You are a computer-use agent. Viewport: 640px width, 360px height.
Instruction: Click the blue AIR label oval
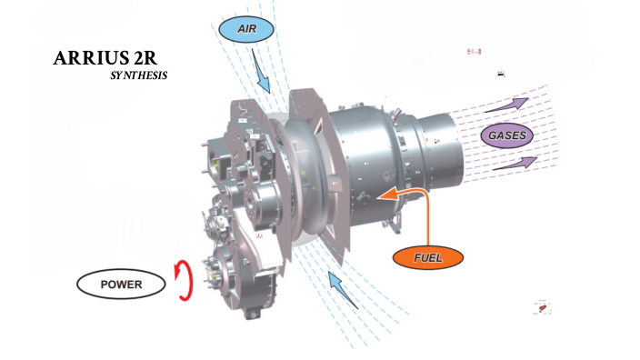(x=246, y=29)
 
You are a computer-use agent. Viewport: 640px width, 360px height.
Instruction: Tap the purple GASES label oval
(x=507, y=135)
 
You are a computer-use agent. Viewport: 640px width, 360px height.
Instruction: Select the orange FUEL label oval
(x=428, y=257)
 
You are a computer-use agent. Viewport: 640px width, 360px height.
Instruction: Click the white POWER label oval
(x=121, y=284)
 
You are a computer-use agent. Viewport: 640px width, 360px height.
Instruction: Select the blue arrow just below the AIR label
(x=260, y=71)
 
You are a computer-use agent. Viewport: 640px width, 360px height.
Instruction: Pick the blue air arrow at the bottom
(x=343, y=291)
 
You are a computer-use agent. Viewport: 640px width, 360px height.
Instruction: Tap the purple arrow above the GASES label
(x=506, y=105)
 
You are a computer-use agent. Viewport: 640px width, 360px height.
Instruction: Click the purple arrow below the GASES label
(x=515, y=164)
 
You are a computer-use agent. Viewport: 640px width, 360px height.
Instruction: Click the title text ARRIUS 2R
(x=105, y=58)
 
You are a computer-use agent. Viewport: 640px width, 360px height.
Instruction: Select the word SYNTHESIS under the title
(x=139, y=75)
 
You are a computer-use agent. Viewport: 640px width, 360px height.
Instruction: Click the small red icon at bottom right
(x=543, y=307)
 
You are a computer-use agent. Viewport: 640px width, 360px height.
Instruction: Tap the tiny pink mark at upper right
(x=475, y=52)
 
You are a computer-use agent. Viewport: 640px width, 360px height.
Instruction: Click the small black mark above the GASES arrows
(x=501, y=74)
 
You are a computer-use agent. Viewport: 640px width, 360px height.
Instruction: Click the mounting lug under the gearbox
(x=252, y=314)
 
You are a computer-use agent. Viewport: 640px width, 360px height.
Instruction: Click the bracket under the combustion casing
(x=393, y=225)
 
